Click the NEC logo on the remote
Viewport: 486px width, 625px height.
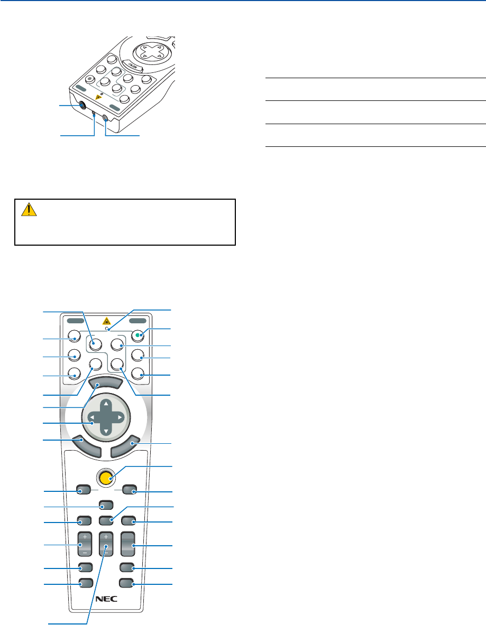pyautogui.click(x=106, y=599)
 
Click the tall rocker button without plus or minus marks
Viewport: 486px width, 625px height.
pyautogui.click(x=127, y=545)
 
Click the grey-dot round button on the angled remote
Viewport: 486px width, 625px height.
pyautogui.click(x=90, y=79)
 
